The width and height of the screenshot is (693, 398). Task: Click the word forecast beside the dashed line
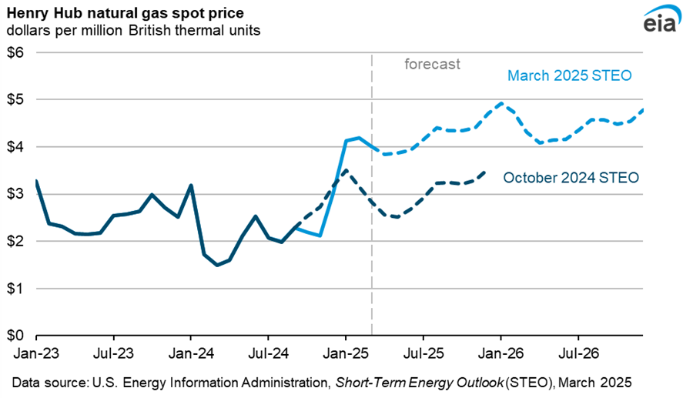433,65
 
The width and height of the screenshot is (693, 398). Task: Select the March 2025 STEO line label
569,76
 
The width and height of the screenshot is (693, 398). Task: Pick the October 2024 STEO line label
571,178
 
